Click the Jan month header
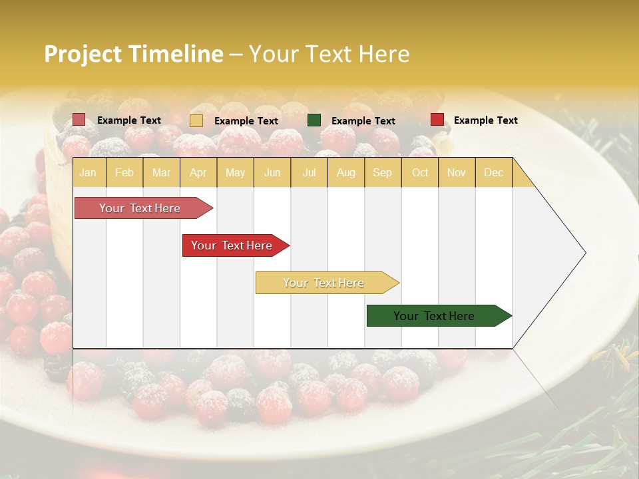(x=88, y=172)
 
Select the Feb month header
(x=124, y=172)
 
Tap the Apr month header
(x=198, y=172)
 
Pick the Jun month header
(x=272, y=172)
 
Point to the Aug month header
(x=345, y=172)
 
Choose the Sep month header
(x=382, y=172)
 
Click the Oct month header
(x=420, y=172)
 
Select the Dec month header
(x=493, y=172)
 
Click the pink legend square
(x=79, y=120)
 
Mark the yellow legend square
(x=196, y=120)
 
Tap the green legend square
(x=314, y=120)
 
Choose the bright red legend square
(x=437, y=120)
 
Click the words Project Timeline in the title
(x=134, y=54)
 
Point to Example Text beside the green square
(x=363, y=121)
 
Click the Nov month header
(x=457, y=172)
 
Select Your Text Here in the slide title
(x=329, y=54)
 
